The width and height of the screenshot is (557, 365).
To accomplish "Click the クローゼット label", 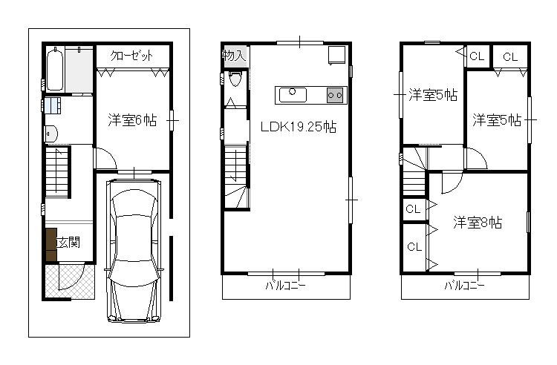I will click(x=132, y=56).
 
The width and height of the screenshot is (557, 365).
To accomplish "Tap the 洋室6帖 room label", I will click(x=131, y=119).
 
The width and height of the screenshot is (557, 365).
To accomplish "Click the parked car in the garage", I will click(x=134, y=248).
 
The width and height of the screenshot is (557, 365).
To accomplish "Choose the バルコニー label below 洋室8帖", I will click(x=465, y=286).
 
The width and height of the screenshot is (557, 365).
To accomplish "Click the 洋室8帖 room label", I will click(x=478, y=223).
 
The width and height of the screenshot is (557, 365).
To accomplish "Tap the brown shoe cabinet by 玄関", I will click(x=51, y=245).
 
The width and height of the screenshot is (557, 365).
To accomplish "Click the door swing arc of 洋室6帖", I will click(x=105, y=159).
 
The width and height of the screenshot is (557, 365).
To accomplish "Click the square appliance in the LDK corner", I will click(x=336, y=54).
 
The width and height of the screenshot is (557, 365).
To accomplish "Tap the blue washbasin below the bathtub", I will click(x=53, y=105).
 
